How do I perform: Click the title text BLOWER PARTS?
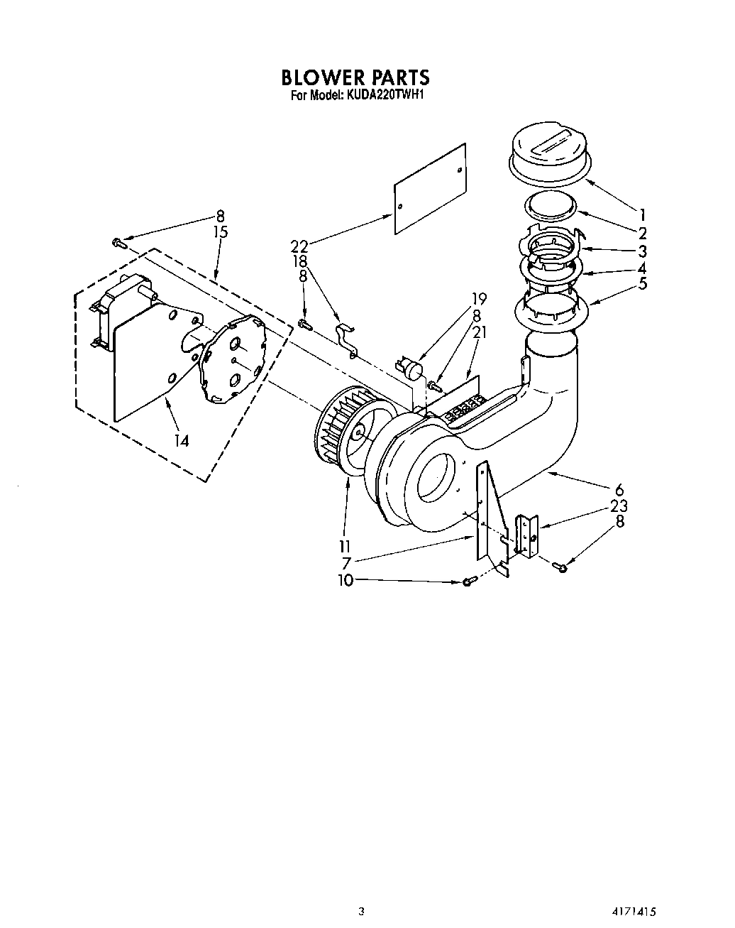coord(355,76)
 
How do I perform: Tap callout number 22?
coord(299,246)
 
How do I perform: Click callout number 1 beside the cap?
coord(642,213)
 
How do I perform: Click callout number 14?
coord(182,441)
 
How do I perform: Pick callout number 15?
coord(220,231)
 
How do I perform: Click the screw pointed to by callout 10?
coord(468,582)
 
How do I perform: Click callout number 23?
coord(619,506)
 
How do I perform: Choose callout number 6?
coord(619,489)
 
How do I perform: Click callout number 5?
coord(642,283)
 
